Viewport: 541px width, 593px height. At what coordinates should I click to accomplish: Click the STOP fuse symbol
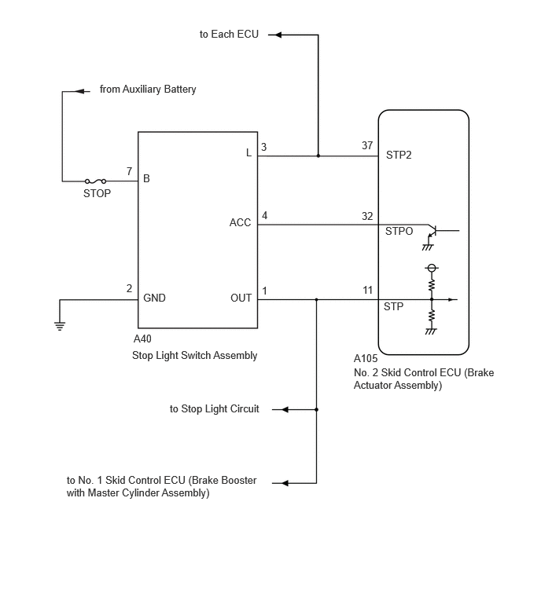(x=95, y=181)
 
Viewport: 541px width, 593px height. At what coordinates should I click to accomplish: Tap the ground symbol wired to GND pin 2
(x=60, y=326)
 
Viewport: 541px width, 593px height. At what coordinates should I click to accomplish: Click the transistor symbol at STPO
(x=432, y=230)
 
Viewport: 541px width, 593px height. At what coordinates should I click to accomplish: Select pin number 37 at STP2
(x=367, y=145)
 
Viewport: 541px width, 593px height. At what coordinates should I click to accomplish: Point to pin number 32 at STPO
(x=367, y=216)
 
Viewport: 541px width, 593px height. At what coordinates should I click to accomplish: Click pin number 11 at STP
(x=367, y=291)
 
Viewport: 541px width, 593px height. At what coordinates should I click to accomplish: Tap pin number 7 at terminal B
(x=130, y=172)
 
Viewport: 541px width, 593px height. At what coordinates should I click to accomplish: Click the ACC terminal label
(x=240, y=222)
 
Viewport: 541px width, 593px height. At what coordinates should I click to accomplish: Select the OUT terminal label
(x=241, y=298)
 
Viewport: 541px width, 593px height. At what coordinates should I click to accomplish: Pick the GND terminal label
(x=154, y=298)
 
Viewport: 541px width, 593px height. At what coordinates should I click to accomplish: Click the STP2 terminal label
(x=399, y=155)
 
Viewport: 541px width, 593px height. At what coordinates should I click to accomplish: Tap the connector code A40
(x=142, y=339)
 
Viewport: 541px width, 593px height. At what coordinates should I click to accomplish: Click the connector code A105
(x=366, y=358)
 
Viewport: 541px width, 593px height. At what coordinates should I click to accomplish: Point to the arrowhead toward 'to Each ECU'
(x=278, y=35)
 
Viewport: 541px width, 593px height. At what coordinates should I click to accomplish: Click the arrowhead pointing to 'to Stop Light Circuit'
(x=285, y=409)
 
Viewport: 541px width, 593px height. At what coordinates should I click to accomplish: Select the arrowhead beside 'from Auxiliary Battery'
(x=80, y=91)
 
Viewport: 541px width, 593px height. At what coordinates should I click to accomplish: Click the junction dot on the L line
(x=318, y=156)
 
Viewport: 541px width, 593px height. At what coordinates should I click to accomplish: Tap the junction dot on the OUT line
(x=316, y=299)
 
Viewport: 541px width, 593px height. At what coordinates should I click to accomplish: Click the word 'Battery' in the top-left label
(x=179, y=90)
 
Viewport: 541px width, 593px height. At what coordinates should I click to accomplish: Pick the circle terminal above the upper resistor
(x=432, y=268)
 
